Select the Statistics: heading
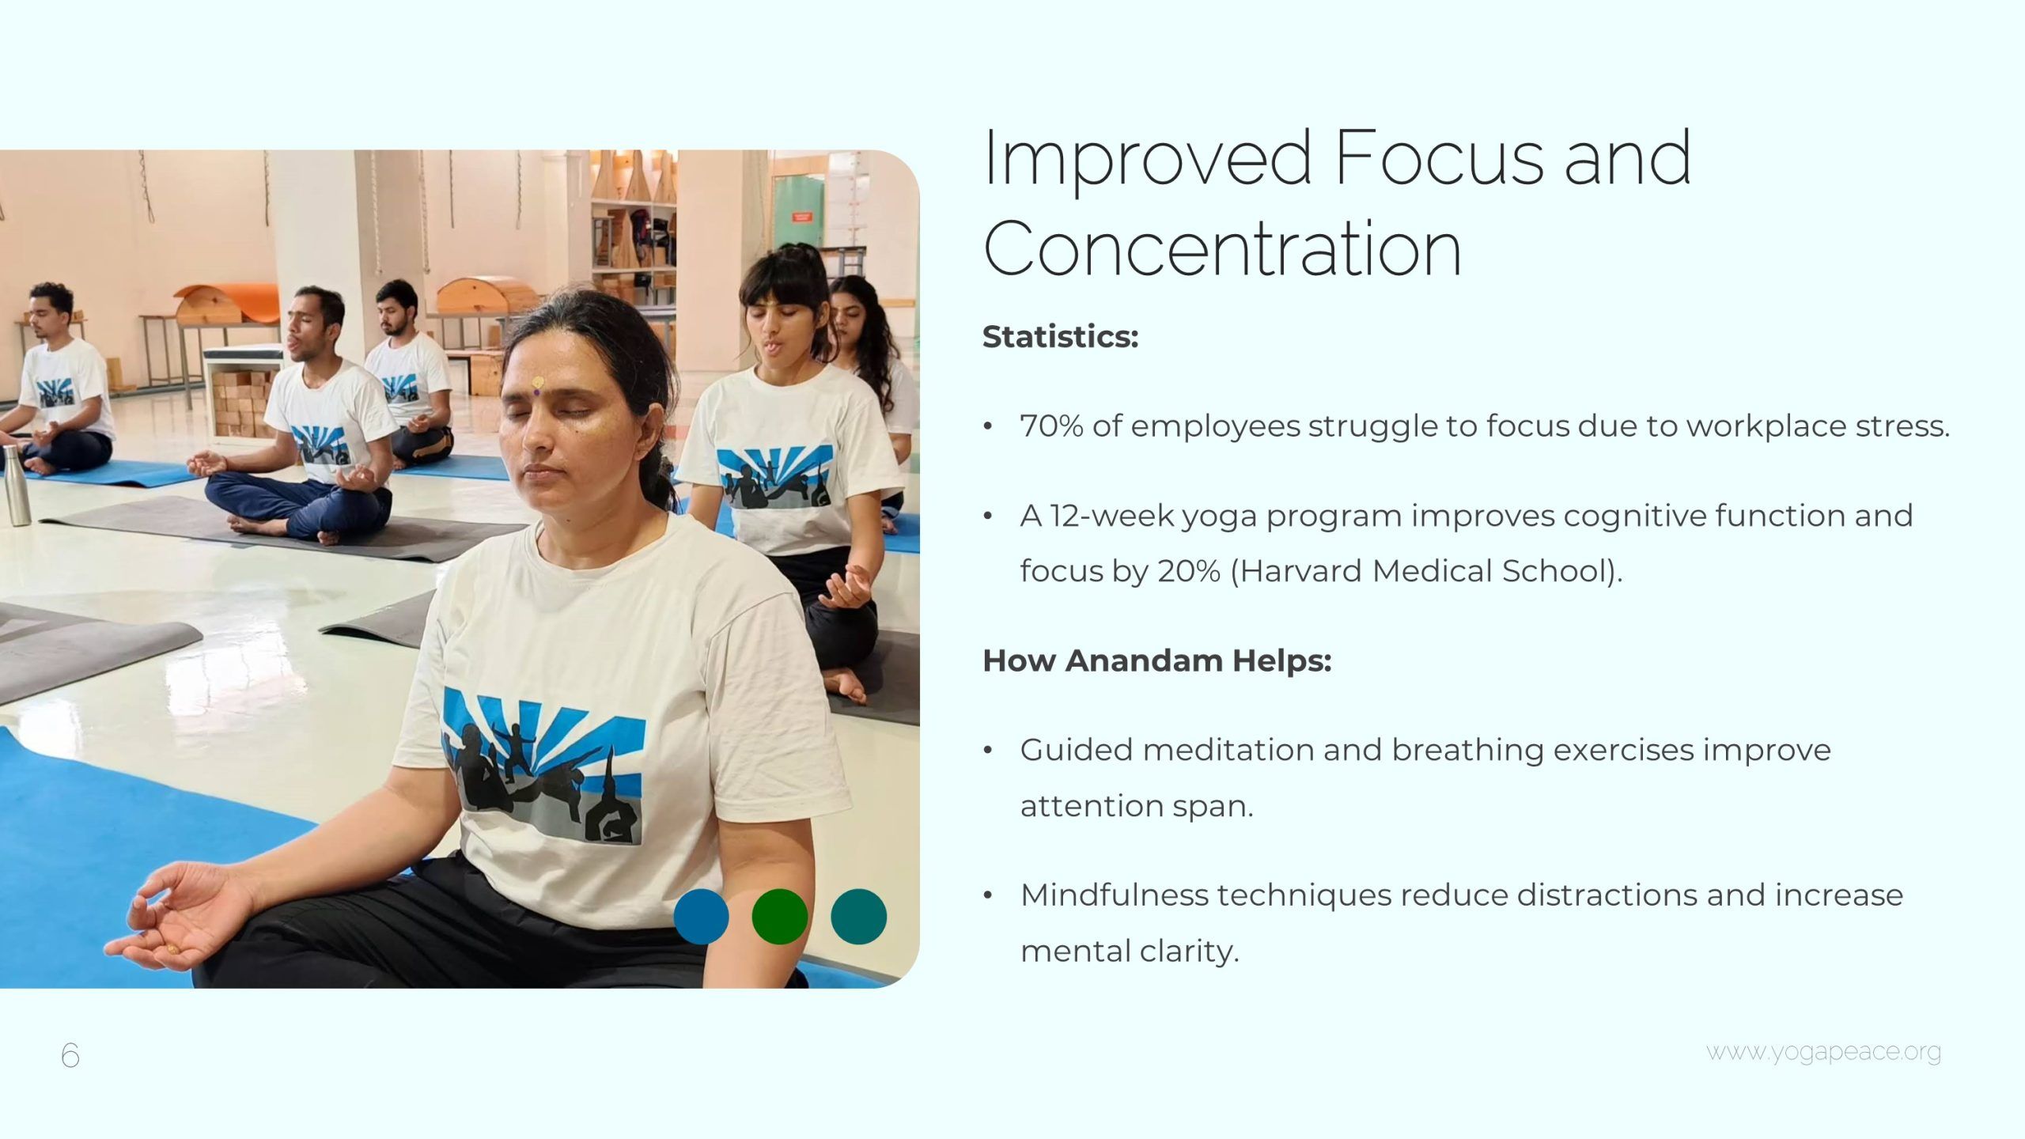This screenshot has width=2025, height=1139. pos(1060,337)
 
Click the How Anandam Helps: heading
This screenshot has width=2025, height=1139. pos(1156,660)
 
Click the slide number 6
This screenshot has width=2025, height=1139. pos(70,1054)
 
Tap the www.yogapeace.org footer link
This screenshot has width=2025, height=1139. pos(1823,1053)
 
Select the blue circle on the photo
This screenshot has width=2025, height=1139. pos(701,917)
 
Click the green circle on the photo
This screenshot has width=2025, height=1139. pos(780,917)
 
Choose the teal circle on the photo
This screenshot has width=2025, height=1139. pos(859,917)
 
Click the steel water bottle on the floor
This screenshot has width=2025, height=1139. pos(16,486)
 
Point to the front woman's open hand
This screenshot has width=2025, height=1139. pos(178,918)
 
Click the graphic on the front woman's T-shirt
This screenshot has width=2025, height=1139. pos(543,765)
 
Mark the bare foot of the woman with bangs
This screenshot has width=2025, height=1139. pos(846,684)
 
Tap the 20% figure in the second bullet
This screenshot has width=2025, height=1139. pos(1189,571)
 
